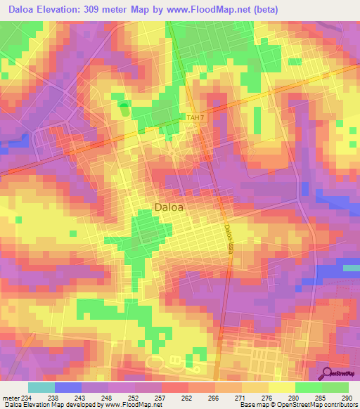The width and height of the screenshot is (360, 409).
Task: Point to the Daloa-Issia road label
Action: (x=229, y=239)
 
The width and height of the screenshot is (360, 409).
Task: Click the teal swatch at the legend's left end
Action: (x=41, y=387)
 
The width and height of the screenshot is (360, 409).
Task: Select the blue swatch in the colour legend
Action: (x=68, y=387)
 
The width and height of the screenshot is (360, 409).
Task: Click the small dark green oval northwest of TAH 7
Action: (x=124, y=109)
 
